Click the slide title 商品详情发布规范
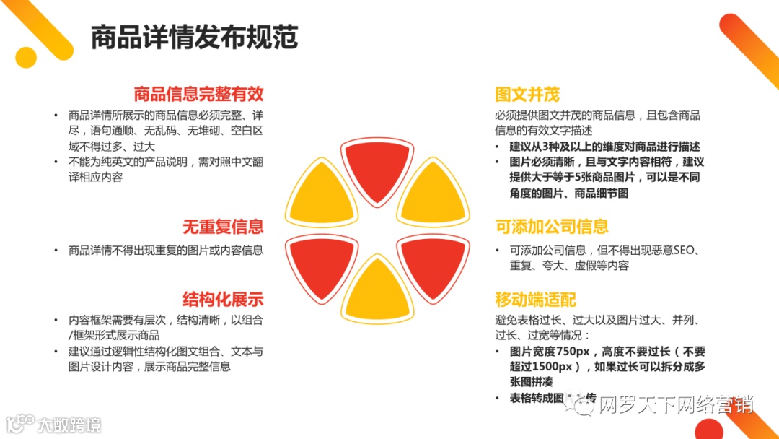195,38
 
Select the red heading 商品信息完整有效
198,94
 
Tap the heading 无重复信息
223,227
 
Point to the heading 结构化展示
223,300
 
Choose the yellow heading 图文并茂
527,95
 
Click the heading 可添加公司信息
552,227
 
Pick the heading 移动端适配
535,300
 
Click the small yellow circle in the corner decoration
26,58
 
